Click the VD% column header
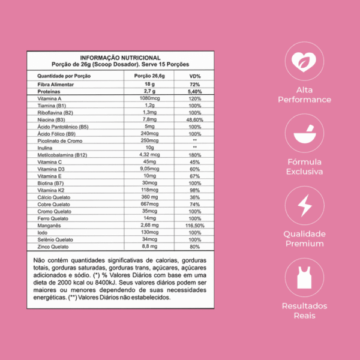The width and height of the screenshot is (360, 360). (x=194, y=77)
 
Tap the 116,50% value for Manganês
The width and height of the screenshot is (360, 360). (x=195, y=225)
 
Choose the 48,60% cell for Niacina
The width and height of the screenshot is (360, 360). (x=195, y=119)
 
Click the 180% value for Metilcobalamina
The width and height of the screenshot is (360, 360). (x=194, y=155)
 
